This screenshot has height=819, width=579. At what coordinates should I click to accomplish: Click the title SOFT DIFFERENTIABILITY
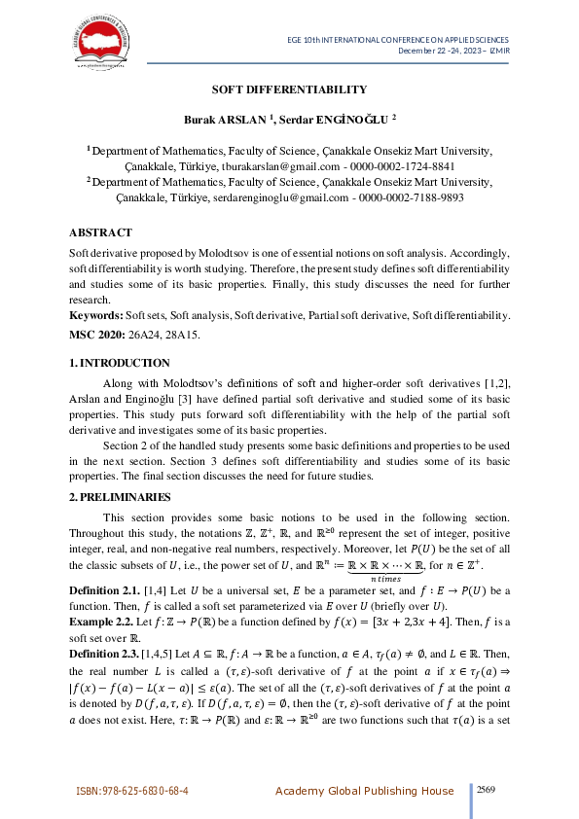point(289,89)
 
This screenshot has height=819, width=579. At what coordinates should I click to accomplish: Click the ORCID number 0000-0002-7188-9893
point(412,196)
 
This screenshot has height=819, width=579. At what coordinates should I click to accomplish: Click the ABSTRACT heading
point(100,232)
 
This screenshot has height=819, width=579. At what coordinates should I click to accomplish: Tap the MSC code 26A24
point(142,334)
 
